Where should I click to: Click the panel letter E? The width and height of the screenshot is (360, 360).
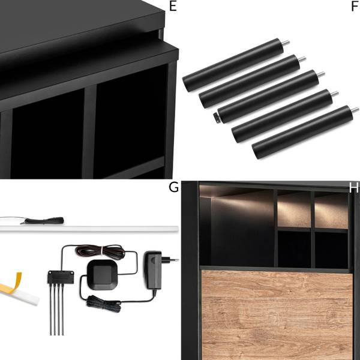click(173, 6)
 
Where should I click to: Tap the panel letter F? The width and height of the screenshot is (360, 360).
click(355, 6)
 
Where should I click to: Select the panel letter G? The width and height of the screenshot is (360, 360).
click(173, 187)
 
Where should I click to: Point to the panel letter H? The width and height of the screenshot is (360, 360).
click(354, 188)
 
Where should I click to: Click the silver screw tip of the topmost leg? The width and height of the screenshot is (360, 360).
click(286, 43)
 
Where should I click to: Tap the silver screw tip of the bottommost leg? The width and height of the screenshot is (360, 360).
click(355, 110)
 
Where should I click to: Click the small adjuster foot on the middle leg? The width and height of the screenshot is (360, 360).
click(215, 116)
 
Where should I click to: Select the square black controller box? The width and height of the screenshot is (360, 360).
click(103, 275)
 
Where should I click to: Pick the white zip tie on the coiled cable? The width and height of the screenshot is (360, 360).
click(101, 250)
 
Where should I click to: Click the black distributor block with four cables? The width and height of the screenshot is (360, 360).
click(61, 277)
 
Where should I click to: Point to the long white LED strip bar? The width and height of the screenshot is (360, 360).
click(89, 229)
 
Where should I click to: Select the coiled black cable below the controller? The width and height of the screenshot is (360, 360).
click(104, 304)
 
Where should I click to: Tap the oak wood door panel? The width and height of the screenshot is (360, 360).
click(277, 315)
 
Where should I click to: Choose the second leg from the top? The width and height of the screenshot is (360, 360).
click(250, 81)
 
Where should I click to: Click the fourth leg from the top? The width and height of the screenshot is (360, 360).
click(282, 116)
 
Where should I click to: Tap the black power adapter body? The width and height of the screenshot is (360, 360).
click(153, 270)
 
